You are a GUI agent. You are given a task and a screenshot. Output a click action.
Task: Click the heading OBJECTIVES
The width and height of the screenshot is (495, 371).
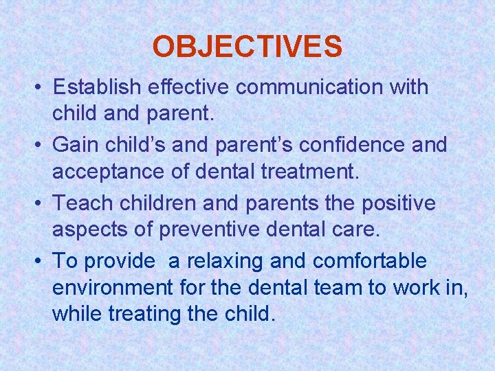[x=247, y=47]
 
